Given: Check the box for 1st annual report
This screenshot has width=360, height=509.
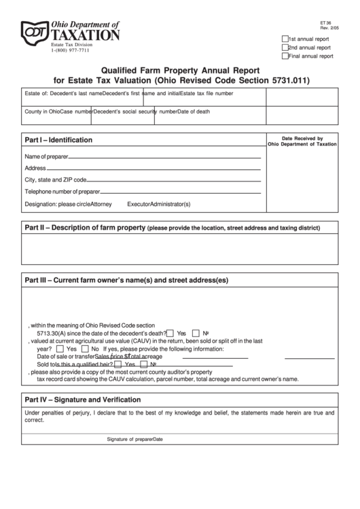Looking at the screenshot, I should click(285, 39).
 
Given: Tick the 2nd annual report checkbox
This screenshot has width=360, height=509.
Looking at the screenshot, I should click(285, 48).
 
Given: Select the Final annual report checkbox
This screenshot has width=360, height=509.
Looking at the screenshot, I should click(285, 56).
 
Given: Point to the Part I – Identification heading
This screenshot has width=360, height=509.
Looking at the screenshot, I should click(58, 140).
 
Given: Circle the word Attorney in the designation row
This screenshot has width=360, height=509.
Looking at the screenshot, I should click(101, 204).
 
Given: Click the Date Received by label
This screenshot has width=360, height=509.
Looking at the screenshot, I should click(302, 137).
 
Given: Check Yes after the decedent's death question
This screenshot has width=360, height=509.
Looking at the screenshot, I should click(170, 334).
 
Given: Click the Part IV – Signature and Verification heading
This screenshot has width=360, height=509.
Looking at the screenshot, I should click(83, 400).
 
